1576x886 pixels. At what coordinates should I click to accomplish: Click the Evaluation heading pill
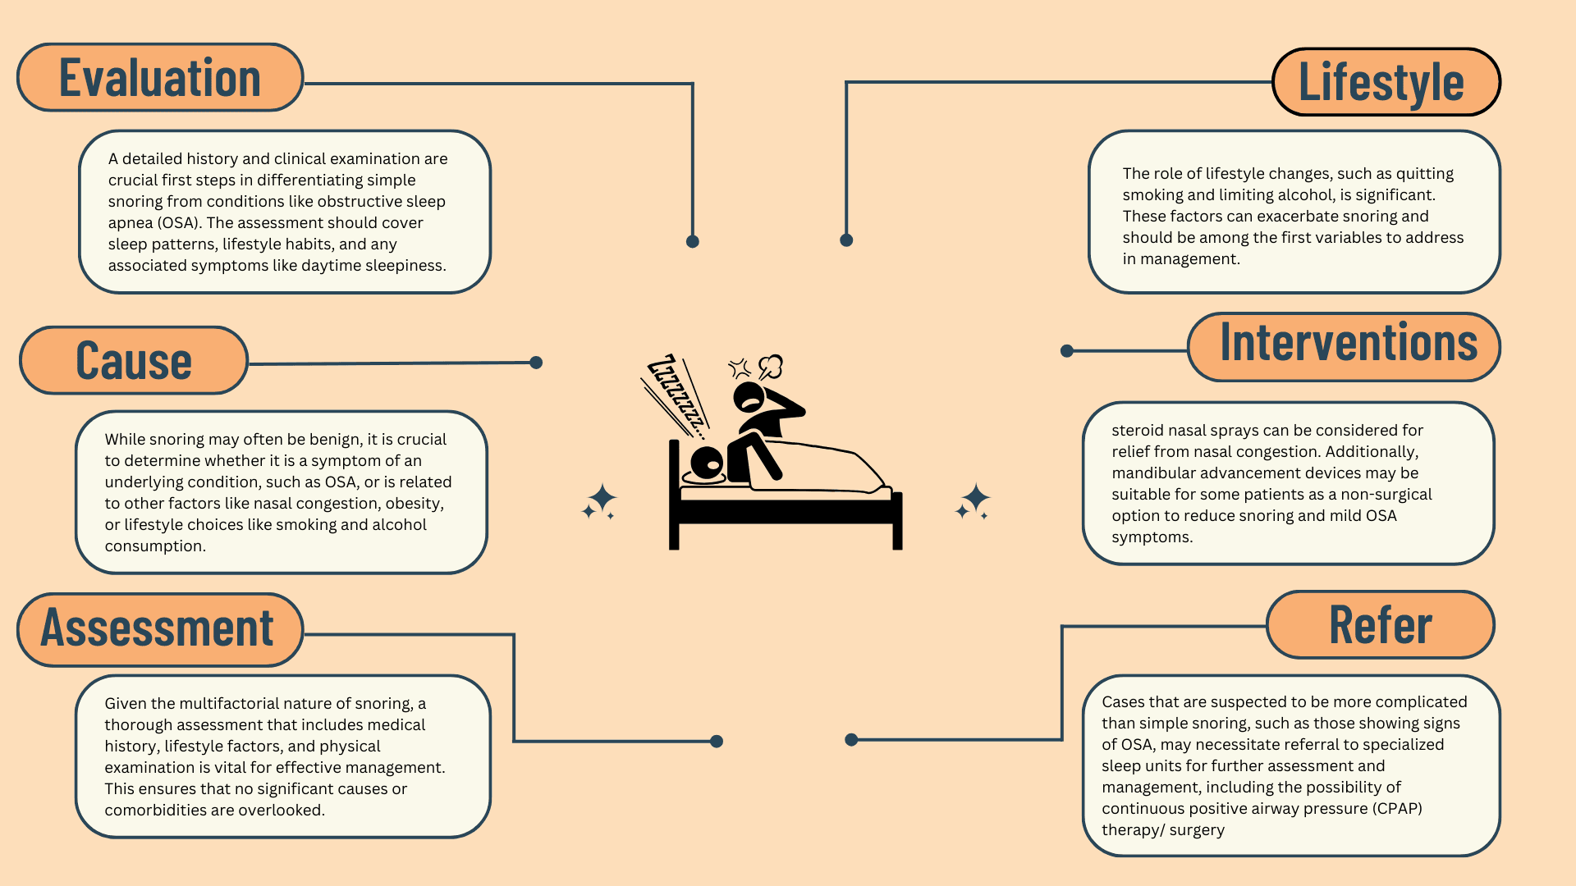click(x=160, y=78)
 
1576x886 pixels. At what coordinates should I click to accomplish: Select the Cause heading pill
click(x=133, y=361)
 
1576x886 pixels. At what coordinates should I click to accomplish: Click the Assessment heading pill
click(x=159, y=629)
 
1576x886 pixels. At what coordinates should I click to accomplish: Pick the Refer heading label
click(x=1380, y=625)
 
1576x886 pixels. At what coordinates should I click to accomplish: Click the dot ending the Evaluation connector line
click(x=692, y=241)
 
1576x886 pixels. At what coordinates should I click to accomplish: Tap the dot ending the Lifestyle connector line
click(x=846, y=240)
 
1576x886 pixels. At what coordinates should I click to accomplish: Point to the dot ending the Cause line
click(x=536, y=363)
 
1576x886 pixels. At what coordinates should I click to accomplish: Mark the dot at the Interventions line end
click(x=1067, y=351)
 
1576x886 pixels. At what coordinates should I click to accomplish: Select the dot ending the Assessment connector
click(x=717, y=742)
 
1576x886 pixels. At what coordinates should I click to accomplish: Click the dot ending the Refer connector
click(x=851, y=740)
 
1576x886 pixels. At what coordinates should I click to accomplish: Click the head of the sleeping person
click(x=707, y=463)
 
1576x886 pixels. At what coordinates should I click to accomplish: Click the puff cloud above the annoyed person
click(x=771, y=366)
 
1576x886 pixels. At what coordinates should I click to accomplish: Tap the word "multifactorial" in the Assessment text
click(x=231, y=704)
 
